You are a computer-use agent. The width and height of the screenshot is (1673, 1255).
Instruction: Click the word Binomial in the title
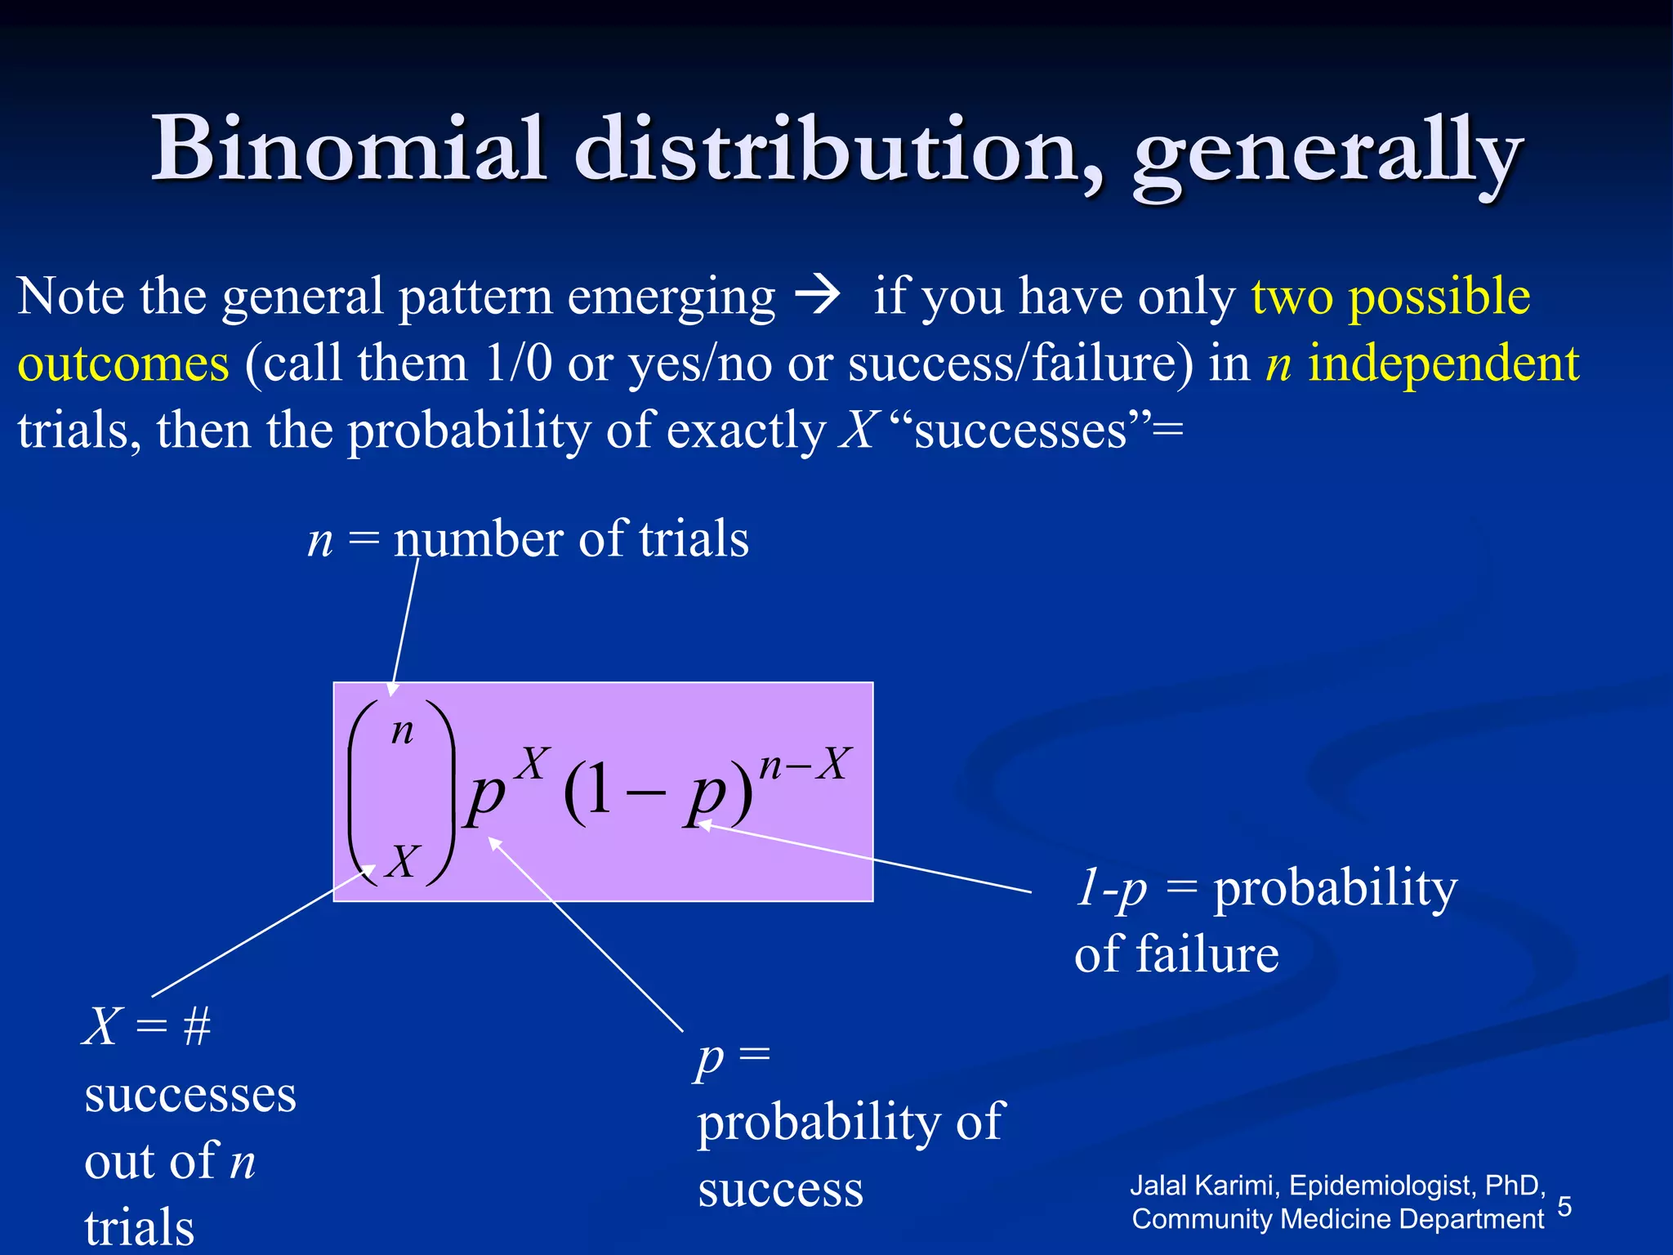coord(349,149)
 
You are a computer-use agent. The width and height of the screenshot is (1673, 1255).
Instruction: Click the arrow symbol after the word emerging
coord(818,297)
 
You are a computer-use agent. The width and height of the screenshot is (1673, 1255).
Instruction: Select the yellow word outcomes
coord(123,364)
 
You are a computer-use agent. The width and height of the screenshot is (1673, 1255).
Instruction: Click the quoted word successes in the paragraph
coord(1020,431)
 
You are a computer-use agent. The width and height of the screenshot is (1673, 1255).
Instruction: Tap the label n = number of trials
coord(528,539)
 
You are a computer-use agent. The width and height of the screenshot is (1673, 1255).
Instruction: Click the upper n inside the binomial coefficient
coord(402,730)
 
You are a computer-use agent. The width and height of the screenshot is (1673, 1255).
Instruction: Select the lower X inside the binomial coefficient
coord(403,861)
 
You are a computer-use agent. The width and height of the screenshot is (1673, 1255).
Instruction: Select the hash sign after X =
coord(197,1026)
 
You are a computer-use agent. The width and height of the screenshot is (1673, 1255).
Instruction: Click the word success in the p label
coord(780,1189)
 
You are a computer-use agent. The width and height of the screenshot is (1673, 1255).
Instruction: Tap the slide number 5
coord(1564,1206)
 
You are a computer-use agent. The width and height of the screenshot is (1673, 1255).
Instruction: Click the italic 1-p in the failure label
coord(1111,889)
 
